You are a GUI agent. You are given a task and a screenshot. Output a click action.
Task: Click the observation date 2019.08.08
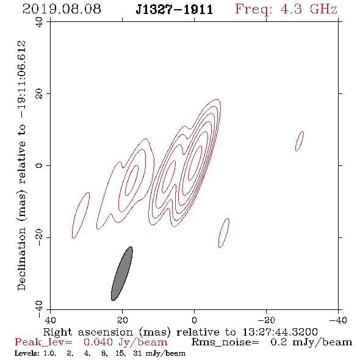(x=62, y=9)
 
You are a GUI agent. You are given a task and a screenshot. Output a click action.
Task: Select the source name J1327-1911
(x=175, y=10)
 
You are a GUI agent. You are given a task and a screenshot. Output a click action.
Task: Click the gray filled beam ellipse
(x=122, y=273)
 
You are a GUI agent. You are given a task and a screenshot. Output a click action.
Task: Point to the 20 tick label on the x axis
(x=122, y=320)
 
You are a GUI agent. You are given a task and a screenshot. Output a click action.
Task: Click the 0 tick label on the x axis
(x=194, y=320)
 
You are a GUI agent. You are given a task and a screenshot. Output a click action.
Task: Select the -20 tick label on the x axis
(x=266, y=320)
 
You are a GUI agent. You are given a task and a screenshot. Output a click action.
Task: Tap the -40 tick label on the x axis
(x=338, y=320)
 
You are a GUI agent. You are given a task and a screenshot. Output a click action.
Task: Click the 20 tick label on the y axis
(x=39, y=94)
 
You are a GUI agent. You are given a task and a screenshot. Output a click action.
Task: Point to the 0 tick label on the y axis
(x=39, y=165)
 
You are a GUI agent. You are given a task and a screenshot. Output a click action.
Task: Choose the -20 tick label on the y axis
(x=39, y=237)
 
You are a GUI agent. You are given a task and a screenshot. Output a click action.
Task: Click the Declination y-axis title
(x=21, y=165)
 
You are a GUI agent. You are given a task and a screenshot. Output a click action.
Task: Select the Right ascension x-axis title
(x=181, y=332)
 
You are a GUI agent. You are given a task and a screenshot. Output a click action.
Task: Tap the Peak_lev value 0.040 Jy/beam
(x=126, y=342)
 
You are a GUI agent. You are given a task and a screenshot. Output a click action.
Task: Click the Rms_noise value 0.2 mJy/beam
(x=311, y=342)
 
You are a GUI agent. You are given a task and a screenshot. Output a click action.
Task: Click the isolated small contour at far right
(x=300, y=141)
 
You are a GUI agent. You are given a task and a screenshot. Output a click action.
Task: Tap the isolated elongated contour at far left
(x=81, y=215)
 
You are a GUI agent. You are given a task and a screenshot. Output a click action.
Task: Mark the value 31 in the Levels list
(x=137, y=353)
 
